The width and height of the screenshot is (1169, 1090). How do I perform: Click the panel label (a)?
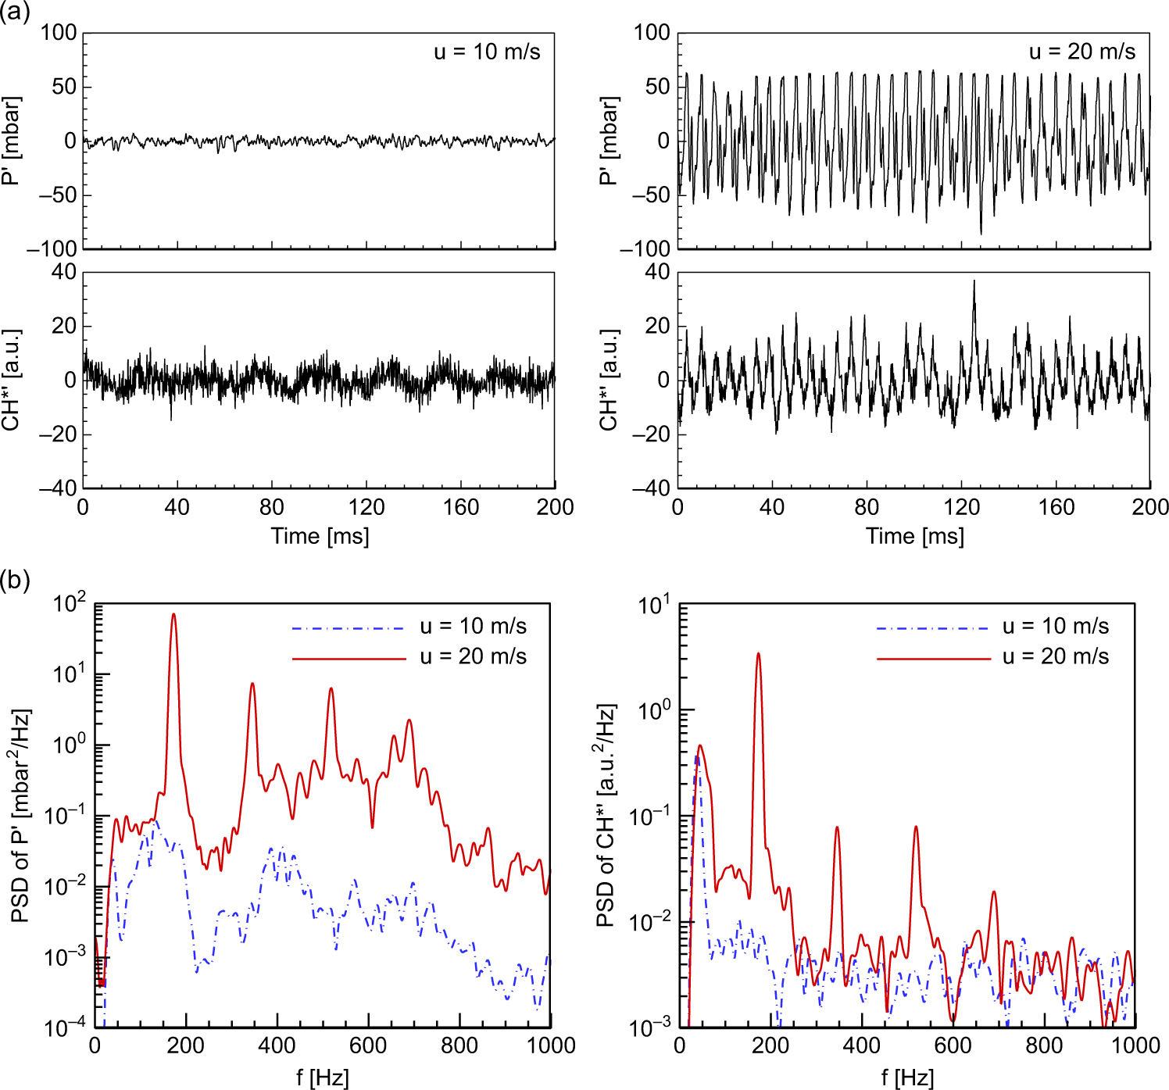point(15,13)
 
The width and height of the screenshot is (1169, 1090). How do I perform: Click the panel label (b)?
point(15,581)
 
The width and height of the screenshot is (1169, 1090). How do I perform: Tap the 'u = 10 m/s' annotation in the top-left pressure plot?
point(487,52)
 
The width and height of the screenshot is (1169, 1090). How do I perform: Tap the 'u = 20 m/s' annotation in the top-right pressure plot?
point(1081,52)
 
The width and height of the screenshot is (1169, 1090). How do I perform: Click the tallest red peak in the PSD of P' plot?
point(173,615)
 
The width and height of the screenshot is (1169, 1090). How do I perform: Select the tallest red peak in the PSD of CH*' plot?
point(757,655)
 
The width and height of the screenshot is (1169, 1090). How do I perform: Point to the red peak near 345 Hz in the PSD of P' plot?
point(252,684)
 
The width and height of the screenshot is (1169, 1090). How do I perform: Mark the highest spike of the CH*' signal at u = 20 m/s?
point(974,282)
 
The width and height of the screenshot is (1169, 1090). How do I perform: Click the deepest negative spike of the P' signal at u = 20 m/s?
point(981,233)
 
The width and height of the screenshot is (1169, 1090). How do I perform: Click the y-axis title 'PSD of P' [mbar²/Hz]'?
point(21,816)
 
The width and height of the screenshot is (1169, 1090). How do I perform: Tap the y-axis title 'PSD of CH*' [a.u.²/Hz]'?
point(606,816)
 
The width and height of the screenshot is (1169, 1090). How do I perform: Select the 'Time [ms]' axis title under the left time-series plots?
point(320,536)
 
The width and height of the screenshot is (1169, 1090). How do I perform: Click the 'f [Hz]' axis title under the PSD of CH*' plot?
point(907,1078)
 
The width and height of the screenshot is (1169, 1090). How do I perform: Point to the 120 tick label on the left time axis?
point(366,507)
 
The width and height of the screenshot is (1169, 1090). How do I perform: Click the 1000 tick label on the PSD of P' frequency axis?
point(550,1045)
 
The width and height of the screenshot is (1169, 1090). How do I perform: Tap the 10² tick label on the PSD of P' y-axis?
point(70,603)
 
